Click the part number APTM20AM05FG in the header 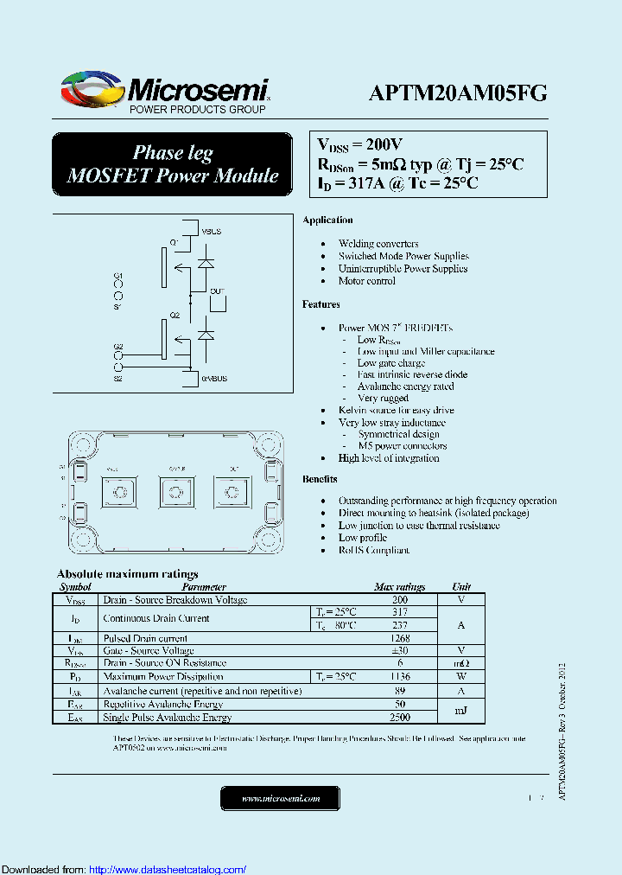457,94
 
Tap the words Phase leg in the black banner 173,153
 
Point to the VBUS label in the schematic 212,232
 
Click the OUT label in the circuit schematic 217,291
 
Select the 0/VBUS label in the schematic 215,379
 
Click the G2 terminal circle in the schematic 118,355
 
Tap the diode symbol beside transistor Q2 206,333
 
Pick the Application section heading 327,220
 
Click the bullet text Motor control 366,281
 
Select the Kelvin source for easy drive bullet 396,410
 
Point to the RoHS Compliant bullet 373,550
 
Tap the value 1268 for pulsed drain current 400,638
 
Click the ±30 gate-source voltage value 400,650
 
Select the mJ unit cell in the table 461,711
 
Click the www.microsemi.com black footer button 281,798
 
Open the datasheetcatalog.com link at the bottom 168,869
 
